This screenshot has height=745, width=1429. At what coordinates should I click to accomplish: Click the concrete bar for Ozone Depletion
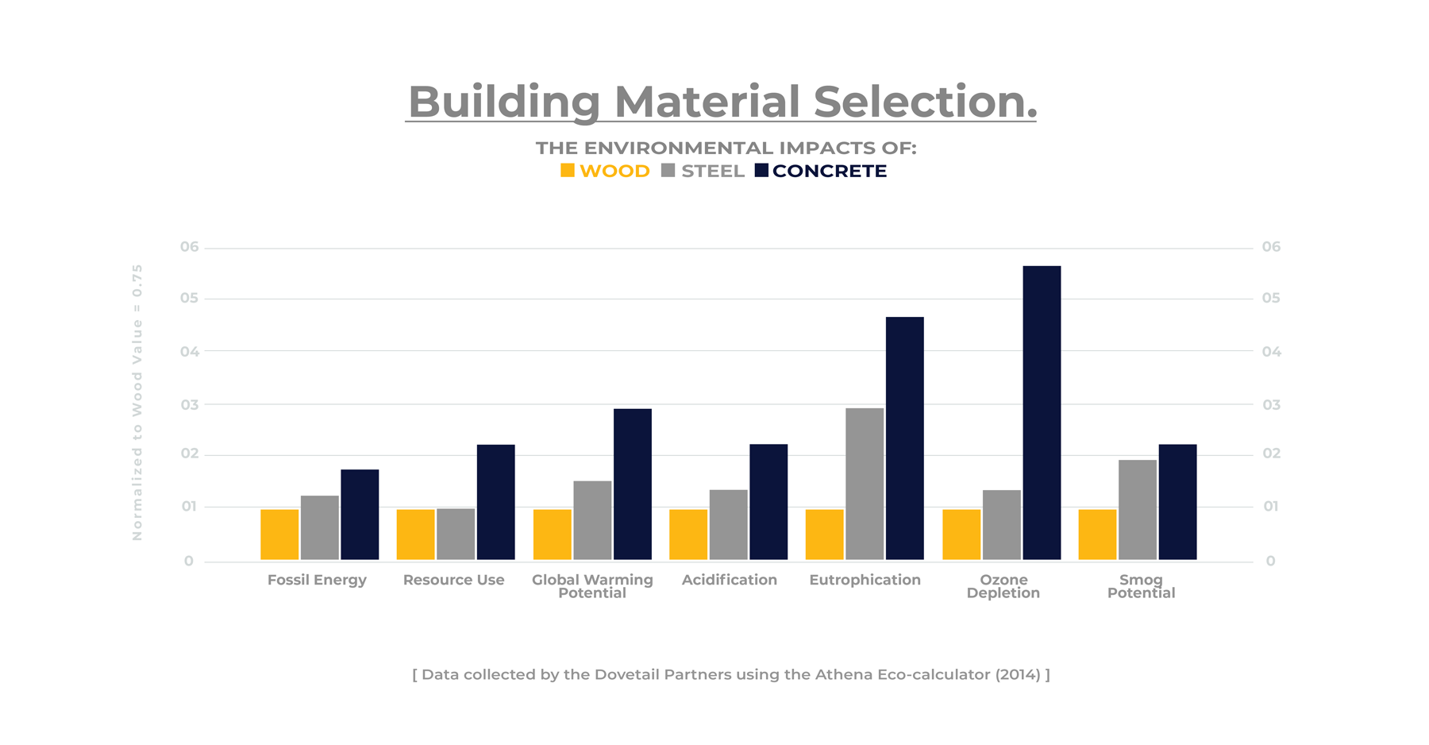1042,413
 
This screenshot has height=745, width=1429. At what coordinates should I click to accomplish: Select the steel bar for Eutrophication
865,484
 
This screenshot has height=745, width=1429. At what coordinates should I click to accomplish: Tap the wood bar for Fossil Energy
279,535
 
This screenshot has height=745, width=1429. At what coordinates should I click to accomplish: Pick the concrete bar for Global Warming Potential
633,484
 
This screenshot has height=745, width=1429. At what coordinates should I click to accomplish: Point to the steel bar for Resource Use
456,534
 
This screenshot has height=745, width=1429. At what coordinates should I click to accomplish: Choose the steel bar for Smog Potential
1138,509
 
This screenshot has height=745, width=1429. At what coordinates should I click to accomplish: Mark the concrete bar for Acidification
768,502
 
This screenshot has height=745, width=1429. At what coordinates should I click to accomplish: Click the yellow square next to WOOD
568,171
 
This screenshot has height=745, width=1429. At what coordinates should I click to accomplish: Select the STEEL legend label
712,172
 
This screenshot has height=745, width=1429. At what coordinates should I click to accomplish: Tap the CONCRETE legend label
829,172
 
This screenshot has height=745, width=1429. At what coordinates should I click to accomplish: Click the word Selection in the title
925,102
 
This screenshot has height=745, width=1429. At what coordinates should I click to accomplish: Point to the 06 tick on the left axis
189,247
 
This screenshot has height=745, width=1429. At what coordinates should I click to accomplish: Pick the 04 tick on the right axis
1271,352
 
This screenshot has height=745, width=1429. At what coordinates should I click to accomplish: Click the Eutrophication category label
865,580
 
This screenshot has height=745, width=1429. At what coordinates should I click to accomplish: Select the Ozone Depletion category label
1003,586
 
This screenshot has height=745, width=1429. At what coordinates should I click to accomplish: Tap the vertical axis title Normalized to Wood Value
137,402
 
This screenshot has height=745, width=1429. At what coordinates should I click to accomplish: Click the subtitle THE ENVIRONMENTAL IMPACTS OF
726,148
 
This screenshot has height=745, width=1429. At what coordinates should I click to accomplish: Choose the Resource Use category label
453,580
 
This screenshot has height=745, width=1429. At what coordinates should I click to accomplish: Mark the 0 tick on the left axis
189,561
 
